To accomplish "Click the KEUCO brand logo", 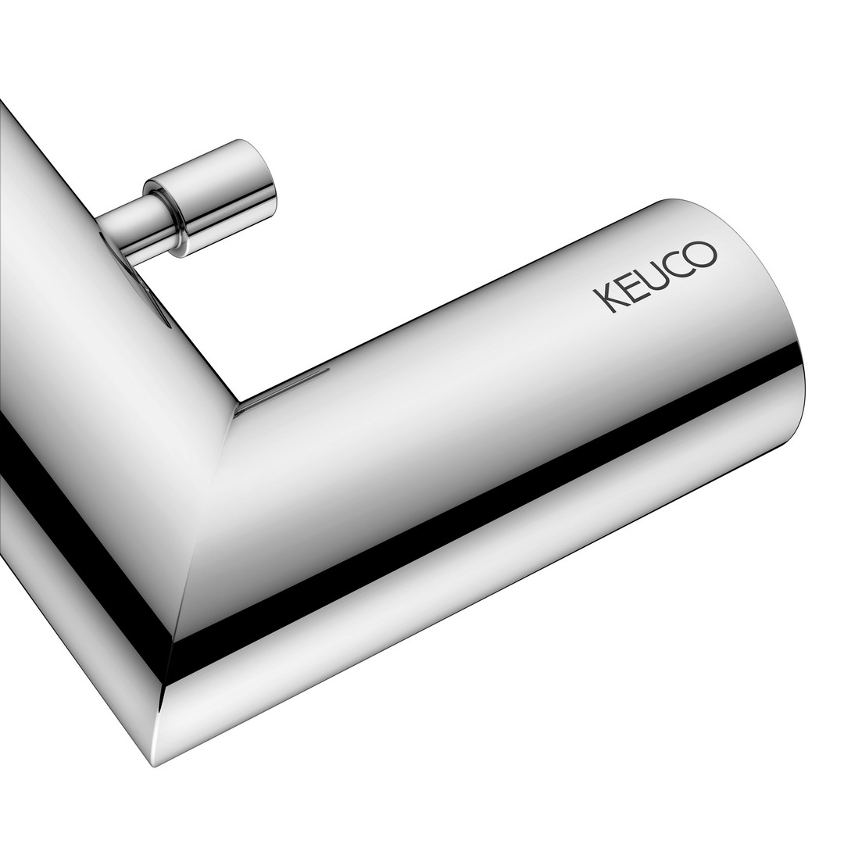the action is (655, 277).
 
